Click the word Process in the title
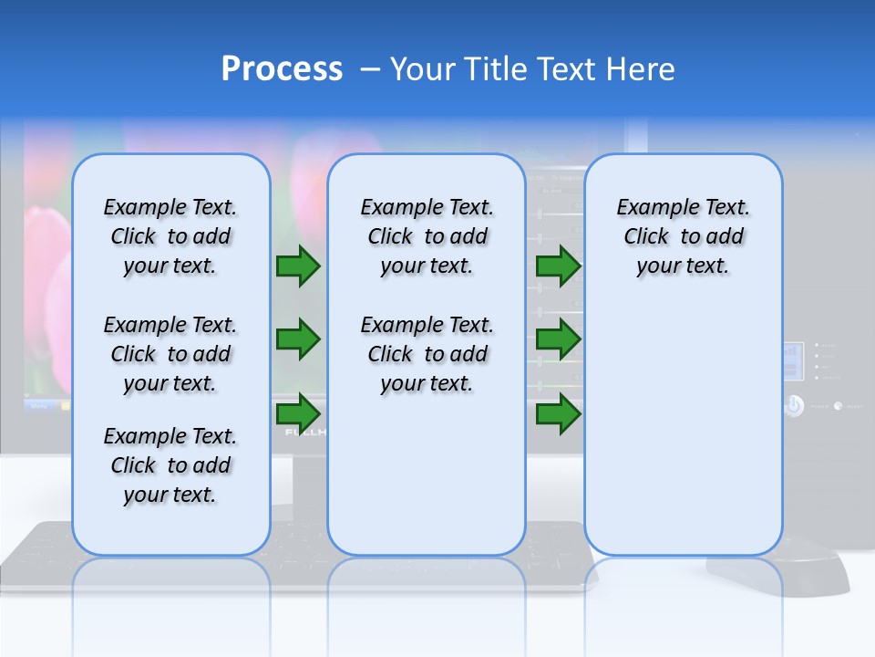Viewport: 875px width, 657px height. (282, 69)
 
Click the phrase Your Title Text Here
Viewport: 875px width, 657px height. (532, 69)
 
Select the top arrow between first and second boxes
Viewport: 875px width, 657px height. (298, 266)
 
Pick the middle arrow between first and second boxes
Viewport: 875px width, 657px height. (298, 339)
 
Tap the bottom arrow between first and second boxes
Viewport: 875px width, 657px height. (298, 413)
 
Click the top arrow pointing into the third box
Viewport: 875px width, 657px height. (558, 266)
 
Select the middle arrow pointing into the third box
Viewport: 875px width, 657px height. (558, 339)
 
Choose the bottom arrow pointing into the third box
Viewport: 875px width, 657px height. (558, 413)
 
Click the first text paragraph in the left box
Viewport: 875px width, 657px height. (170, 236)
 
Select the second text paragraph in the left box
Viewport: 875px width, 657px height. (170, 354)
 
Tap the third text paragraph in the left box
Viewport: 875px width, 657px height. (170, 465)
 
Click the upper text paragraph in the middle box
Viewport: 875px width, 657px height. (427, 236)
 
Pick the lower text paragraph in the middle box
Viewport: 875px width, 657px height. (427, 354)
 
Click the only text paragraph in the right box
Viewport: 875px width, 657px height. (683, 236)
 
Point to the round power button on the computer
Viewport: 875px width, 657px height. (794, 406)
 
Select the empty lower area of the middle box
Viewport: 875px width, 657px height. (427, 474)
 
